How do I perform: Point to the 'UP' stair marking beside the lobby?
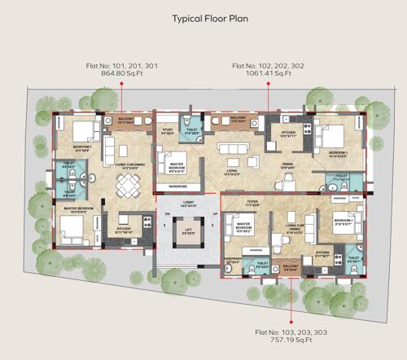[214, 214]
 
